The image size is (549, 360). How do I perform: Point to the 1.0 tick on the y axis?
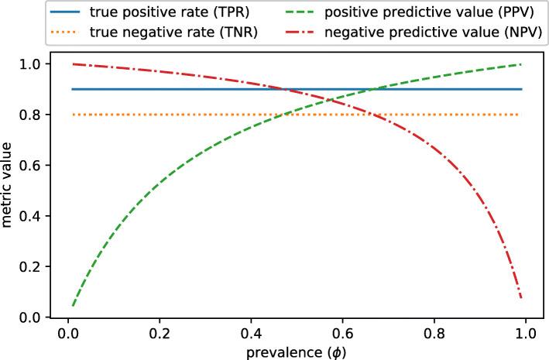[x=29, y=64]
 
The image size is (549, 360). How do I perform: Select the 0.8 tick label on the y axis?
[x=29, y=115]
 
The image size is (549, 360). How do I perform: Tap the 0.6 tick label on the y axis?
[x=29, y=166]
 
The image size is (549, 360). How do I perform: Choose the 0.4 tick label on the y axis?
[x=29, y=216]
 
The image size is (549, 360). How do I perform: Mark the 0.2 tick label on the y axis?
[x=29, y=267]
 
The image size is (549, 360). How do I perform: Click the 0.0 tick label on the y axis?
[x=29, y=317]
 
